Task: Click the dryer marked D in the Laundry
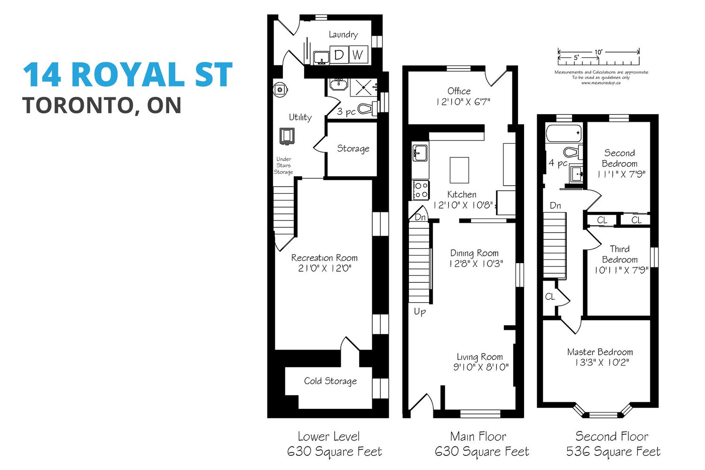(339, 55)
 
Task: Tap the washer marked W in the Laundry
(358, 55)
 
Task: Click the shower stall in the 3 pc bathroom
(363, 87)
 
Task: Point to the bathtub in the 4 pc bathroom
(564, 133)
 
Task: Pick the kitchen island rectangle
(459, 170)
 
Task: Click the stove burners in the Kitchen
(421, 190)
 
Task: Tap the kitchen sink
(420, 153)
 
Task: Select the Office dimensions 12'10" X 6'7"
(463, 102)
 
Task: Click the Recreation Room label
(324, 258)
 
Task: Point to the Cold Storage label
(330, 381)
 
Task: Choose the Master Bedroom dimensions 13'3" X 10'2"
(602, 362)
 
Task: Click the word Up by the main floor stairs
(420, 312)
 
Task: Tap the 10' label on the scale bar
(598, 52)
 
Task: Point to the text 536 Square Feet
(613, 452)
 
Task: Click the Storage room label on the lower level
(353, 148)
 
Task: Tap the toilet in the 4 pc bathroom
(573, 152)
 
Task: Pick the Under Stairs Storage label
(283, 165)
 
